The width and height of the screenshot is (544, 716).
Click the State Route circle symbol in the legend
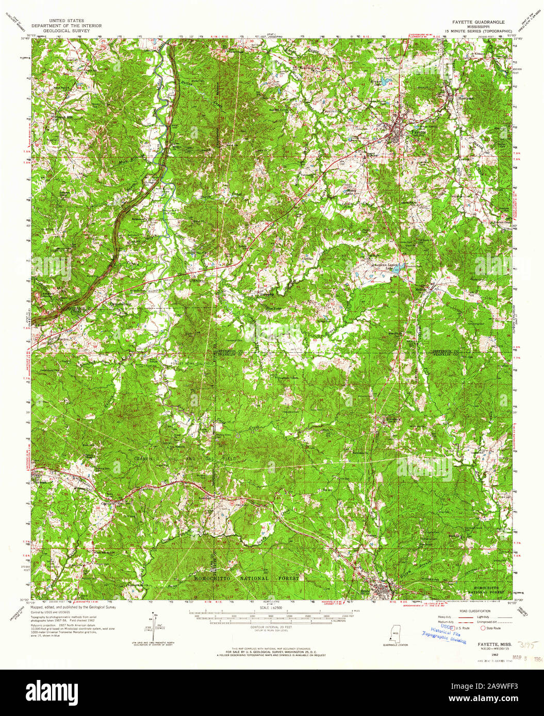[x=483, y=628]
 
